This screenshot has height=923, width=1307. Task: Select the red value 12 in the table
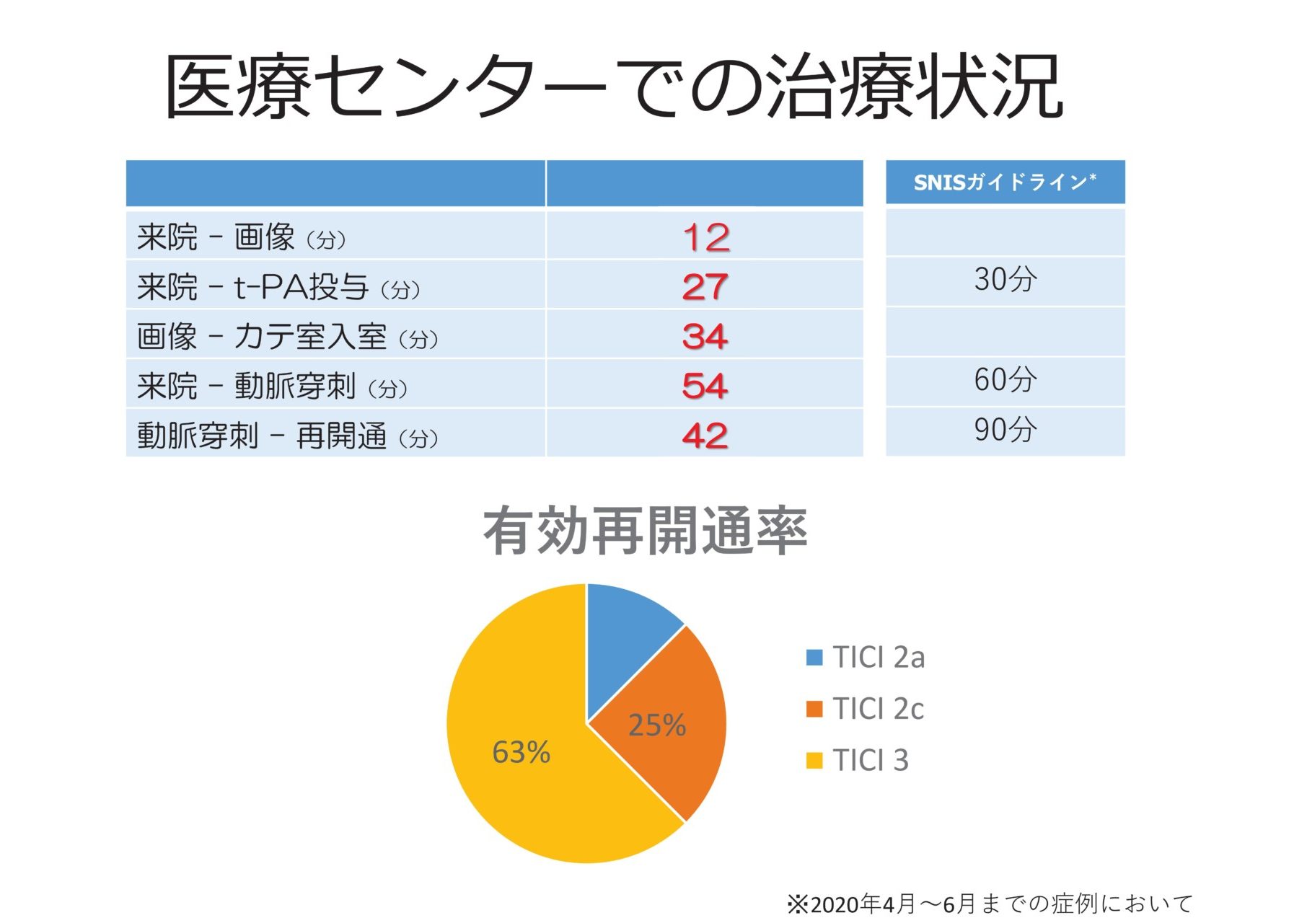(705, 237)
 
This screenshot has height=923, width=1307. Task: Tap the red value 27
(705, 287)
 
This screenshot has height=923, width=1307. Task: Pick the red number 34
(705, 337)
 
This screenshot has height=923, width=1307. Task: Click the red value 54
(705, 386)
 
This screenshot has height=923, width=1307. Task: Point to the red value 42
(705, 436)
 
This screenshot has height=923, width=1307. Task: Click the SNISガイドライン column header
(1005, 182)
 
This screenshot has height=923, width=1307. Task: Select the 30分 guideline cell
(1005, 280)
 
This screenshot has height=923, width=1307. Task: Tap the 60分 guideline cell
(1005, 380)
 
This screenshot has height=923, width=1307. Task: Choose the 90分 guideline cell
(1005, 430)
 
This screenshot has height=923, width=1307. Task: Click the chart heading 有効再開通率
(645, 531)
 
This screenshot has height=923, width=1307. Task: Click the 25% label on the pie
(656, 725)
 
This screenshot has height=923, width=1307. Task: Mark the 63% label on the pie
(521, 753)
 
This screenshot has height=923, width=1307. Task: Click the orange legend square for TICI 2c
(814, 709)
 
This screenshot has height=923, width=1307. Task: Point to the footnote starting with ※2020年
(989, 904)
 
